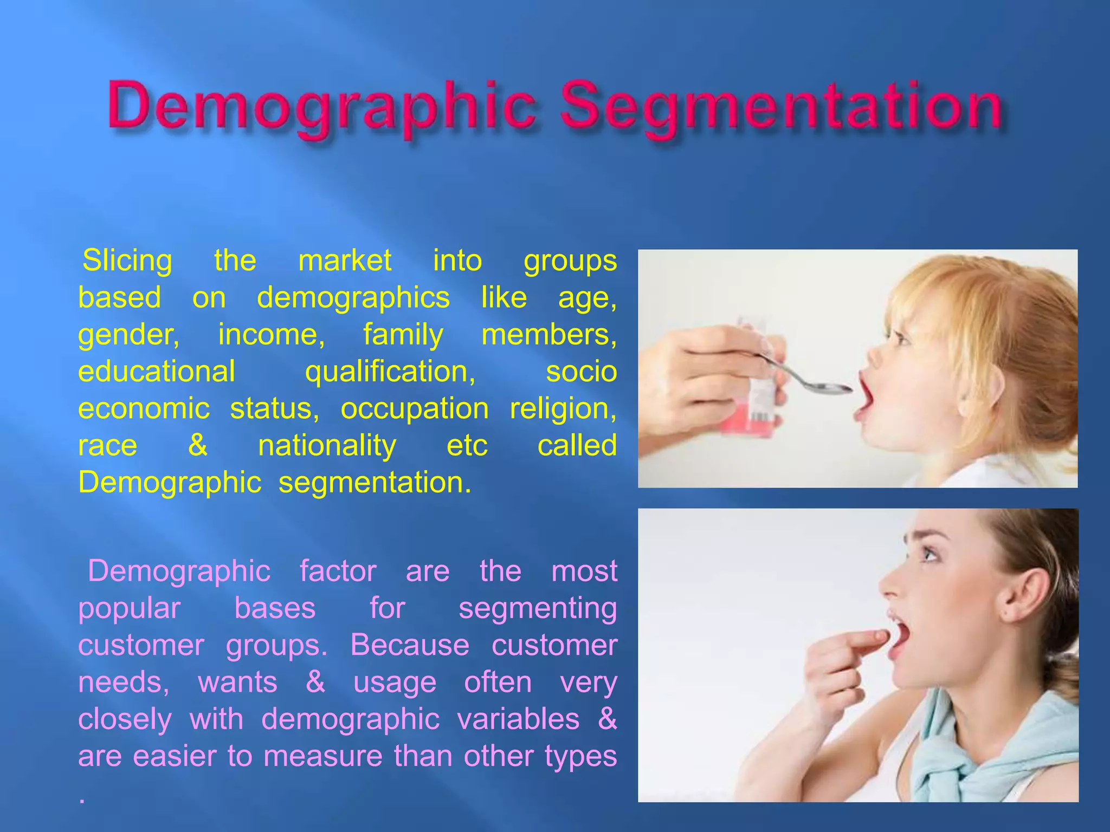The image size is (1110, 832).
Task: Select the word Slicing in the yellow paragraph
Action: (127, 261)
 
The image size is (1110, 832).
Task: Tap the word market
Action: (345, 261)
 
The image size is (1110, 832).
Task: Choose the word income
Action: (271, 334)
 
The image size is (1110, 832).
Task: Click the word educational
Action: (157, 372)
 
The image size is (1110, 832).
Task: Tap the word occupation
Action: (415, 409)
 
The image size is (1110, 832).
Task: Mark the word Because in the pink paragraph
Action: (410, 645)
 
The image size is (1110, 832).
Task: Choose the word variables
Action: (518, 719)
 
